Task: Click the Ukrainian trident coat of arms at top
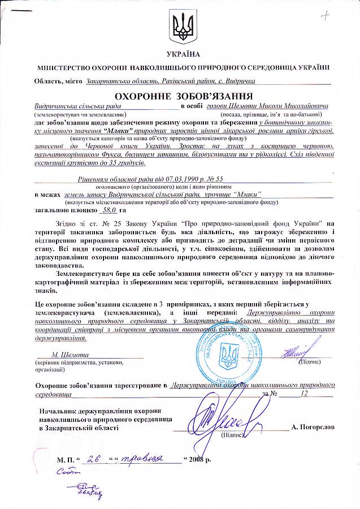180,28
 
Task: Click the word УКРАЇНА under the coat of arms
180,54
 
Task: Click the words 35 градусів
124,163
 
